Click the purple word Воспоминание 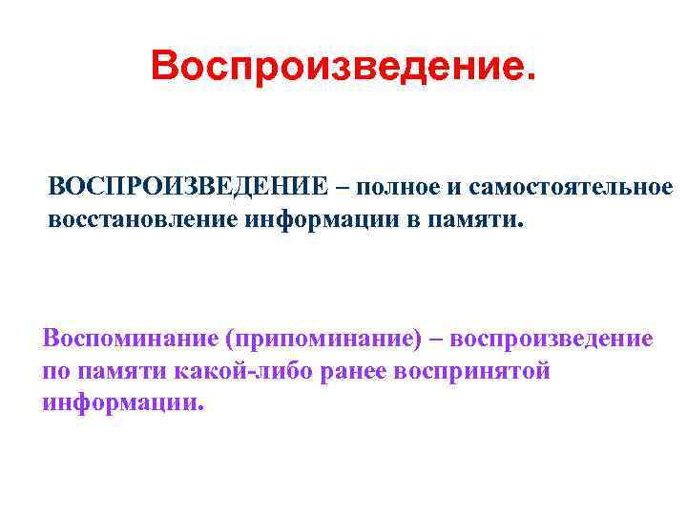[129, 339]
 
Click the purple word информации [122, 402]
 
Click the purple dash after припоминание [437, 340]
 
